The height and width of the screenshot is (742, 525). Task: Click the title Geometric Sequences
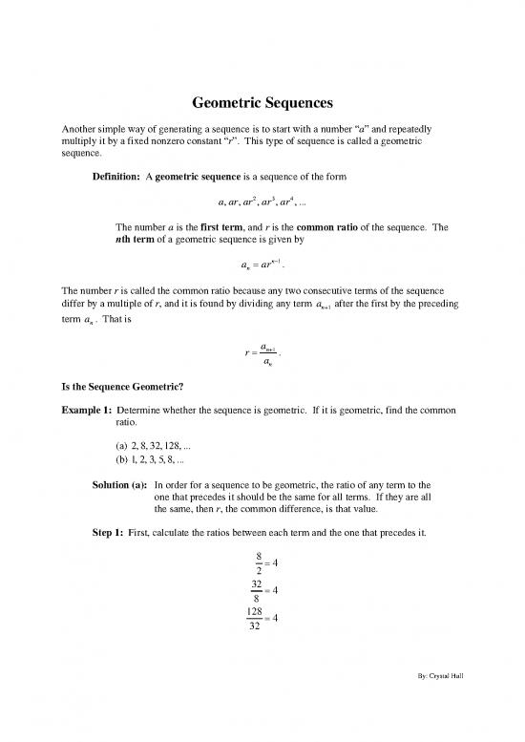point(262,107)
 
